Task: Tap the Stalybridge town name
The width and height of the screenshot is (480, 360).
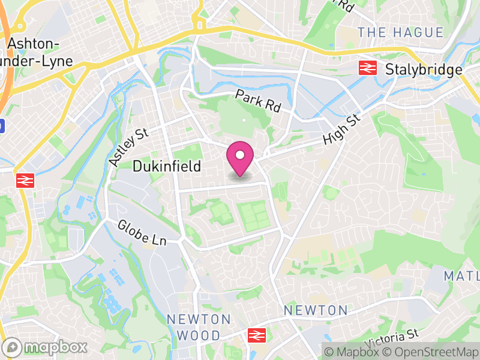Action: click(x=424, y=69)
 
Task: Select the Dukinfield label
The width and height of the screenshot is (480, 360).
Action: click(x=166, y=166)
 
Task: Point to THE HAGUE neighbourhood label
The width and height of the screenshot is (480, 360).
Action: click(x=401, y=32)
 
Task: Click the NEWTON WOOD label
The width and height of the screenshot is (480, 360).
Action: click(x=199, y=326)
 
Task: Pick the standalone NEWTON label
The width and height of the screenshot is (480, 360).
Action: click(x=316, y=310)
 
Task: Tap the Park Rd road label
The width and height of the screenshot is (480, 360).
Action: click(x=258, y=101)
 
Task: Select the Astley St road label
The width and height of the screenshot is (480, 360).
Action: click(x=129, y=146)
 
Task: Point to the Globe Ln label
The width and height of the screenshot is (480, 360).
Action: click(x=142, y=233)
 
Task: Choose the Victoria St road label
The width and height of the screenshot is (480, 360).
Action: click(x=391, y=340)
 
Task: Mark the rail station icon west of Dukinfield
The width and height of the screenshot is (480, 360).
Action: click(x=24, y=180)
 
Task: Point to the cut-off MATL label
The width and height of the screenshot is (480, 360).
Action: click(x=461, y=276)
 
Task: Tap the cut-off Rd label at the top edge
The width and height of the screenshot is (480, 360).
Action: click(x=345, y=6)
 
